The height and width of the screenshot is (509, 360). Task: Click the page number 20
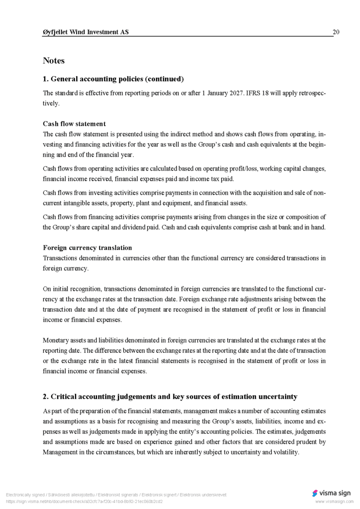pyautogui.click(x=336, y=32)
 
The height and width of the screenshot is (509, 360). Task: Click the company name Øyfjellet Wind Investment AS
pyautogui.click(x=86, y=32)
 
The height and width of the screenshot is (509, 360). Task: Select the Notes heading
pyautogui.click(x=54, y=61)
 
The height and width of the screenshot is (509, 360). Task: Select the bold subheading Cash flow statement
pyautogui.click(x=74, y=124)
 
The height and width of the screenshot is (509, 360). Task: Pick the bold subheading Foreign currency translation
pyautogui.click(x=88, y=248)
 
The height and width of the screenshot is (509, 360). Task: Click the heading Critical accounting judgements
pyautogui.click(x=170, y=397)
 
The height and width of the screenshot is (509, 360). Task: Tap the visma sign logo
pyautogui.click(x=331, y=493)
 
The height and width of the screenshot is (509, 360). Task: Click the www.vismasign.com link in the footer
pyautogui.click(x=334, y=502)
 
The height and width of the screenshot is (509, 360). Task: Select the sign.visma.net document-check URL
pyautogui.click(x=84, y=502)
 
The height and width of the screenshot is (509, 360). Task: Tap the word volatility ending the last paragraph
pyautogui.click(x=284, y=452)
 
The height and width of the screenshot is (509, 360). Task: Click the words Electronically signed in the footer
pyautogui.click(x=24, y=495)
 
